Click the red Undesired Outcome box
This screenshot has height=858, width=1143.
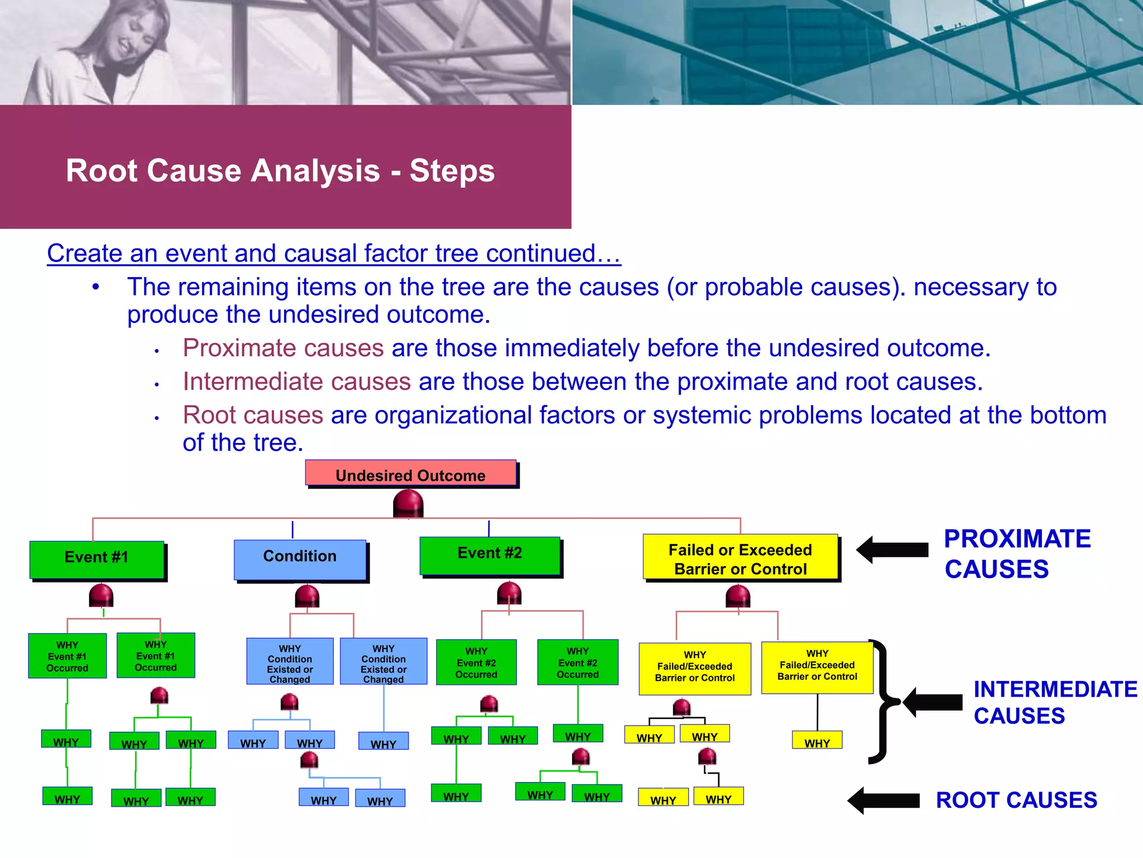point(411,474)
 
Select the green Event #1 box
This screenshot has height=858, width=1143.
point(97,559)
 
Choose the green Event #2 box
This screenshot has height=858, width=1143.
point(490,555)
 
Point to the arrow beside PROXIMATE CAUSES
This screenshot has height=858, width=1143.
point(892,550)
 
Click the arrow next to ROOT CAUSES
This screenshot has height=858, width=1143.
point(883,800)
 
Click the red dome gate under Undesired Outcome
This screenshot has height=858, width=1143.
point(408,503)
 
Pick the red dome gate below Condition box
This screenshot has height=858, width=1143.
point(307,597)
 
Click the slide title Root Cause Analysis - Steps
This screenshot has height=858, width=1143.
point(280,170)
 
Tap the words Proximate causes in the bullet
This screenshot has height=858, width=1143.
point(283,348)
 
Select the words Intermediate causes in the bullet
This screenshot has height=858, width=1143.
point(297,382)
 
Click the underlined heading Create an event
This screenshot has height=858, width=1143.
point(333,254)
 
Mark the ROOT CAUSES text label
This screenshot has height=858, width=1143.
point(1016,800)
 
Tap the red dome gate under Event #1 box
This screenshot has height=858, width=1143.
point(101,595)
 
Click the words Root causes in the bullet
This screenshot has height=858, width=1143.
point(253,415)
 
